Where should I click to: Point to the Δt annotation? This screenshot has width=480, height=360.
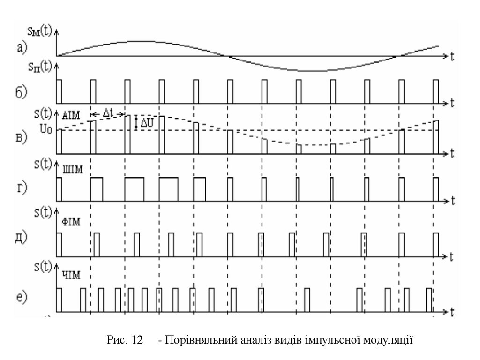tap(108, 112)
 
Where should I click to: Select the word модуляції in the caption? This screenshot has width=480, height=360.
tap(390, 340)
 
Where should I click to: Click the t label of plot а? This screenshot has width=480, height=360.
tap(453, 56)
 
